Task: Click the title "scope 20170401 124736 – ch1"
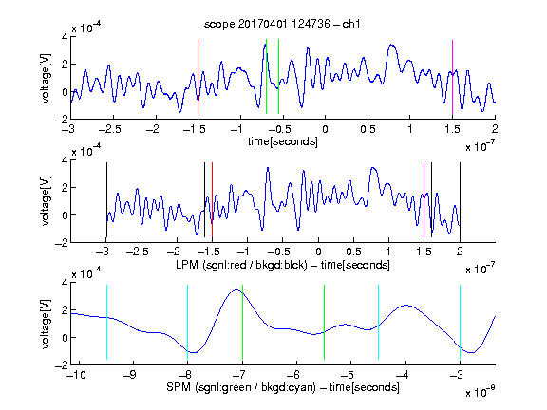coord(282,24)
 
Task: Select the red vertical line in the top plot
coord(198,78)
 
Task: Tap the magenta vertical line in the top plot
coord(452,78)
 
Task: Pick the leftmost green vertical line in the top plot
coord(266,76)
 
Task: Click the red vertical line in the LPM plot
coord(212,199)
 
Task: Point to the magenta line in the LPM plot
coord(424,199)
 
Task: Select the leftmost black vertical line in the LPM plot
coord(106,199)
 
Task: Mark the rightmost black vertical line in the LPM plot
coord(460,199)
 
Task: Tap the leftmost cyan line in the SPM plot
coord(106,322)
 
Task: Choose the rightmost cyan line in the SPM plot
coord(460,322)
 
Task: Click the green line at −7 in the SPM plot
coord(242,322)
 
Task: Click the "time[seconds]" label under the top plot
coord(283,142)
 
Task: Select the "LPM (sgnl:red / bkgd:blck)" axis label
coord(241,265)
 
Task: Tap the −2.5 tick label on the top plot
coord(110,129)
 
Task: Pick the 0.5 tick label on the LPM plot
coord(353,252)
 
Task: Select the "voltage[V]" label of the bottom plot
coord(46,325)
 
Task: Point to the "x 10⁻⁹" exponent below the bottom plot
coord(480,392)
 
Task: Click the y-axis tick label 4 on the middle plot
coord(65,160)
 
